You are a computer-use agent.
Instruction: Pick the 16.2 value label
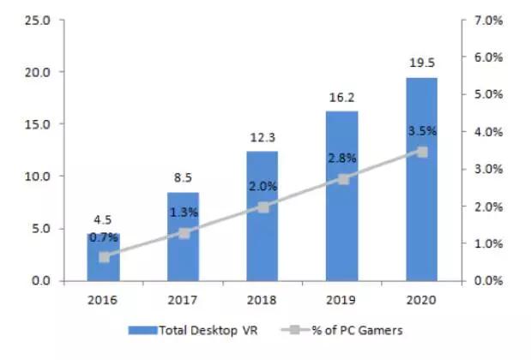coord(342,99)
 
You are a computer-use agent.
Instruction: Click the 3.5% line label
coord(421,131)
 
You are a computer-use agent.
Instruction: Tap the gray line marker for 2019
coord(343,179)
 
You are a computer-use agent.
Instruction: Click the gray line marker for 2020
coord(421,152)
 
